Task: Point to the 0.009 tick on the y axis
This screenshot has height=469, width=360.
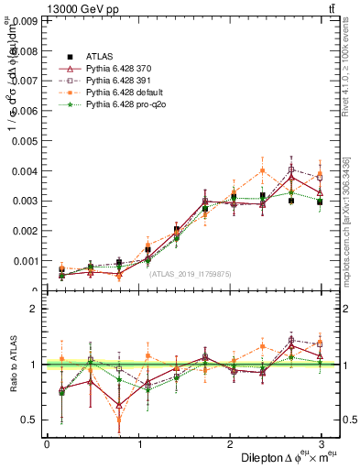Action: click(25, 20)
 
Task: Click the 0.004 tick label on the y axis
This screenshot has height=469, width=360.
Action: click(25, 170)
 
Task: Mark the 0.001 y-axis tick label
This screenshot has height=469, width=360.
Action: click(25, 261)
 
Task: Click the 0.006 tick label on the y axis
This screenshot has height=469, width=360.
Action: click(25, 111)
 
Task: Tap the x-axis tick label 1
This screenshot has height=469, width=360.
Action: click(138, 443)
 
